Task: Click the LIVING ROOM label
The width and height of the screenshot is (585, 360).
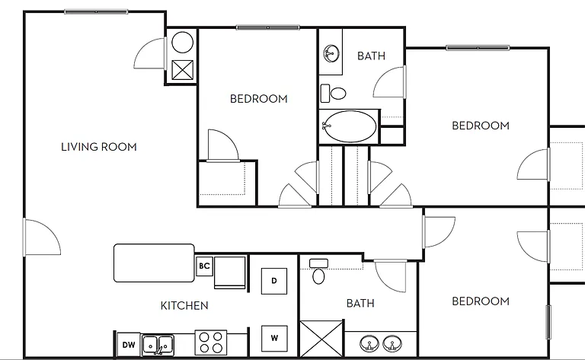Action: pos(99,147)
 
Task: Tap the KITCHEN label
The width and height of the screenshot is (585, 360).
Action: pos(184,306)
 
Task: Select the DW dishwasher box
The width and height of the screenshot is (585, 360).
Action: pos(129,345)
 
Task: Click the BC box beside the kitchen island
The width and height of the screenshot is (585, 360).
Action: pos(204,266)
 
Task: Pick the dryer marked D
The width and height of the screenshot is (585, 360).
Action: pos(274,281)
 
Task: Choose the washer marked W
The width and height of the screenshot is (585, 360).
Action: pos(274,339)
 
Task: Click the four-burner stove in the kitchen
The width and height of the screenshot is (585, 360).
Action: pos(211,342)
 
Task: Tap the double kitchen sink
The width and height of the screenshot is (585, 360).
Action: pos(158,345)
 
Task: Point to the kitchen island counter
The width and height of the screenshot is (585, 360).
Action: pos(154,263)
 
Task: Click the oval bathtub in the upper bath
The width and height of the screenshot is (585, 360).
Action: pos(349,126)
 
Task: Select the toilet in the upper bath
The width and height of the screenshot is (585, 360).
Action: pos(333,93)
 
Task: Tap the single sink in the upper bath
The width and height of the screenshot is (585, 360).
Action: pos(331,53)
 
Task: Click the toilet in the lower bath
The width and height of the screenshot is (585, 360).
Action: pos(318,272)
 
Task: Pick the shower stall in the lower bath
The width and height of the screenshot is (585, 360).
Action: pos(321,339)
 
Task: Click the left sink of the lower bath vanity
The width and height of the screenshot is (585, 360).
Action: pos(369,343)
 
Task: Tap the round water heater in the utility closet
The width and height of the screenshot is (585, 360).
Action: pos(183,42)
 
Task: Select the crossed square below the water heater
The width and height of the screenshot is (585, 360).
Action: pos(183,70)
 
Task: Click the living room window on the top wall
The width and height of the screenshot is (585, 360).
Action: pos(96,12)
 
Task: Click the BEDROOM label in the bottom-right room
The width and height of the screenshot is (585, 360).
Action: pos(481,301)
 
